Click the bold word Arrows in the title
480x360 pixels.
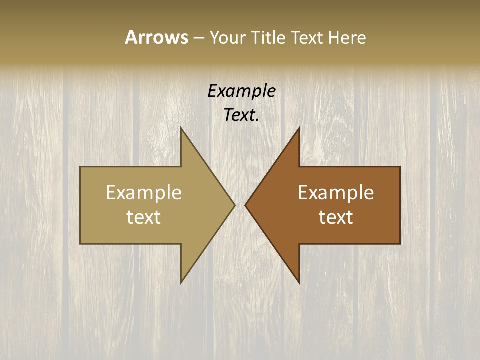156,37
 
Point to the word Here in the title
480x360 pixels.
347,37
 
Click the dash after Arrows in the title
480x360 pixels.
198,38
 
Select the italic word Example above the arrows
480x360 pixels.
241,91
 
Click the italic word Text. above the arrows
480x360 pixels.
241,115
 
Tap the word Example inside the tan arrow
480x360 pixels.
144,192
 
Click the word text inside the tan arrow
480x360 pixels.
144,217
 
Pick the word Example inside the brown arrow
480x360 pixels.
336,192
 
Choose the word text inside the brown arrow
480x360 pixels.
336,217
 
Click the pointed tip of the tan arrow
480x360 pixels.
234,205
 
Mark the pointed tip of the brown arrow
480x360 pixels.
245,205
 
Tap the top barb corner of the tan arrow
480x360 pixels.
181,128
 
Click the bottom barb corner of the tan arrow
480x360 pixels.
181,282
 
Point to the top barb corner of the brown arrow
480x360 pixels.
299,128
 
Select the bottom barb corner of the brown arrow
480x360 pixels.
299,282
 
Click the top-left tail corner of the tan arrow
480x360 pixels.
80,167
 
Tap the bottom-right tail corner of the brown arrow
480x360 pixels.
400,243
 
